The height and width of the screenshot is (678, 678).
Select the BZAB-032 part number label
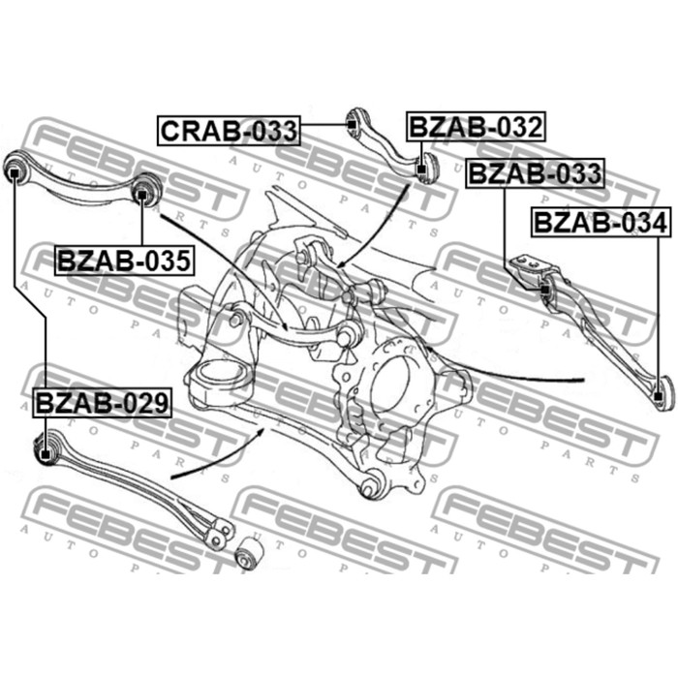[x=476, y=127]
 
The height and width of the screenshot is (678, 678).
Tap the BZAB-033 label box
[x=535, y=173]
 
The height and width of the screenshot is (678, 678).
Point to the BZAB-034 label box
[x=601, y=223]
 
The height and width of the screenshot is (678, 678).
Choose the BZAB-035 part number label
[x=124, y=261]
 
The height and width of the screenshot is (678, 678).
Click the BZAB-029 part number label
[x=102, y=403]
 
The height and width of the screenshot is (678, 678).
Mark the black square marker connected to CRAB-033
[x=352, y=125]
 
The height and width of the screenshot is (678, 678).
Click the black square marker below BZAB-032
[x=421, y=169]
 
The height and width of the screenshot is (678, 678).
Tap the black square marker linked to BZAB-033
[x=545, y=290]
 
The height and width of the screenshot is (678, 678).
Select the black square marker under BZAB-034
[x=658, y=396]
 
